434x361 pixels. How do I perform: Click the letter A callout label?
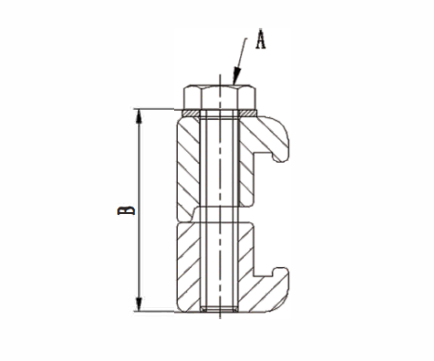tap(261, 39)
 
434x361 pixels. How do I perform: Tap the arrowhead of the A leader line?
tap(237, 76)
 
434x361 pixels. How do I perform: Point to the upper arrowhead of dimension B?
tap(139, 116)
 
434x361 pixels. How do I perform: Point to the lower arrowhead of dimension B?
tap(139, 303)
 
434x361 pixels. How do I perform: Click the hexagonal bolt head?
tap(220, 98)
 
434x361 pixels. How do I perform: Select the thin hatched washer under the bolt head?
tap(220, 114)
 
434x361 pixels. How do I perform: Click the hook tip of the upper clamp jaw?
tap(279, 156)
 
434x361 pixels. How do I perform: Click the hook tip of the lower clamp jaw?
tap(280, 273)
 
